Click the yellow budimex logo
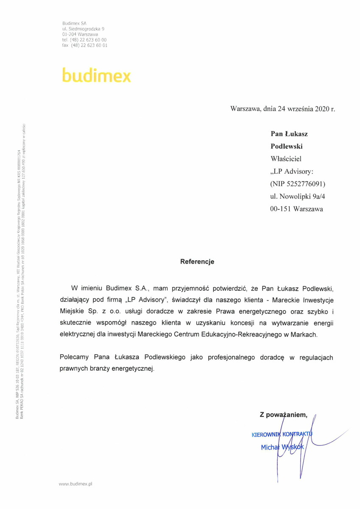96,75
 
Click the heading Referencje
197,261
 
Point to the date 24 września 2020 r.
307,108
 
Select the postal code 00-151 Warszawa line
296,209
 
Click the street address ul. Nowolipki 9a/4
296,196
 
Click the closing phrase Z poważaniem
286,415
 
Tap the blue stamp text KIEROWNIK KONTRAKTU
282,434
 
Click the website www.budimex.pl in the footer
75,483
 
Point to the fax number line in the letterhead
84,45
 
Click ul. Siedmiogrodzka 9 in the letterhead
83,28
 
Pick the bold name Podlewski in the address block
287,146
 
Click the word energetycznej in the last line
132,369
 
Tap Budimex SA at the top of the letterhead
74,22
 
